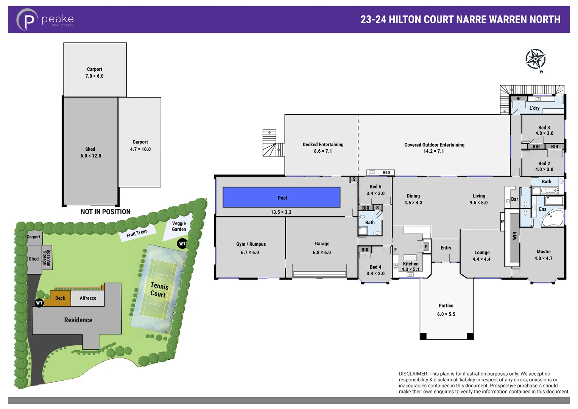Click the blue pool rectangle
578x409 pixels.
tap(281, 197)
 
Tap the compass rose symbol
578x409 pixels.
tap(535, 59)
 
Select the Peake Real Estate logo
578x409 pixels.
tap(45, 19)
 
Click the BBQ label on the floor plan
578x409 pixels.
tap(386, 173)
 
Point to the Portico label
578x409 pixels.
tap(446, 306)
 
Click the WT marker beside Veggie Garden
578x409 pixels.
tap(182, 244)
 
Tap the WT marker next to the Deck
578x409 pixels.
tap(39, 303)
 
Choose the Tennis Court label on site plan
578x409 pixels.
tap(159, 290)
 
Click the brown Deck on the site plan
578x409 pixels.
tap(60, 298)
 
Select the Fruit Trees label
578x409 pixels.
tap(137, 233)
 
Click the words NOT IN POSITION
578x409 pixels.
tap(105, 212)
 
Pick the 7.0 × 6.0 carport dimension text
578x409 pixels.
tap(94, 76)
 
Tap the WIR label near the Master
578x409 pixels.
tap(514, 236)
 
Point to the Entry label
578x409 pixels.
tap(446, 248)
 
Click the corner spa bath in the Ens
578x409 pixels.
tap(552, 218)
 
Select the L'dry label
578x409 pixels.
tap(534, 108)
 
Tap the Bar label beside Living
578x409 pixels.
tap(514, 199)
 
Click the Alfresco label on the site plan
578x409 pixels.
tap(88, 298)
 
